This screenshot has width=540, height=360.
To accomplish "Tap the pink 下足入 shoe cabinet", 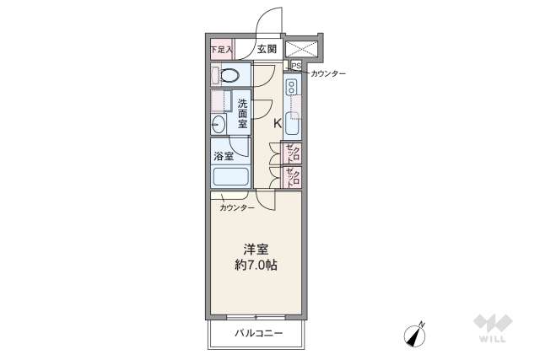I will pos(221,50).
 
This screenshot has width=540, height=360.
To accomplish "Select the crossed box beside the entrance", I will pos(302,49).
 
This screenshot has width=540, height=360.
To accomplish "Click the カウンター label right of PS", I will pos(327,74).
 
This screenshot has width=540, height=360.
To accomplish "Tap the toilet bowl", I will pos(230,76).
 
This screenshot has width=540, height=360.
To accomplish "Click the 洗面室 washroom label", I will pos(242,114).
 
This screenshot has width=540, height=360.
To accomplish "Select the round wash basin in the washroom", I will pos(219,125).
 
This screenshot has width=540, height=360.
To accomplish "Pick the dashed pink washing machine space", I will pos(221,102).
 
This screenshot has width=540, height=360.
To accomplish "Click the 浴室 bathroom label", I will pos(224,156).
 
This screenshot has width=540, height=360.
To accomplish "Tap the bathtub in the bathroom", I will pos(230,177).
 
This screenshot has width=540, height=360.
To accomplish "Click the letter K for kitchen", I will pos(277,123).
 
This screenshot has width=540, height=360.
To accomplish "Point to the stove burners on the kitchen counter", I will pos(292,87).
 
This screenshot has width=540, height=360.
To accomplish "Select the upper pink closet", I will pos(292,153).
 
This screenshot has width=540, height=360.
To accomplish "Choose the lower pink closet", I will pos(292,178).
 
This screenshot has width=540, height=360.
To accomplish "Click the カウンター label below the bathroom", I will pos(237,207).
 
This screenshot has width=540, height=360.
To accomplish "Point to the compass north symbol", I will pos(416,334).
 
